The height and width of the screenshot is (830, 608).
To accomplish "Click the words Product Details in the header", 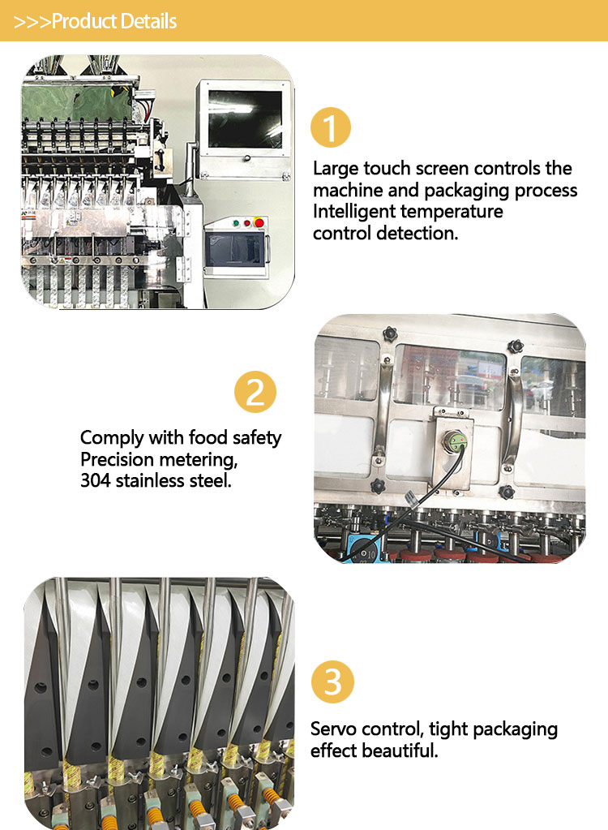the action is [114, 21].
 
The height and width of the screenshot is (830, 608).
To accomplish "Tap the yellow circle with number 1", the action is [331, 127].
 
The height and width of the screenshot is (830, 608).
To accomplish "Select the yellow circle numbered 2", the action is [255, 392].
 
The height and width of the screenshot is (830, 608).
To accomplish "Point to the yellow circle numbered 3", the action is [332, 682].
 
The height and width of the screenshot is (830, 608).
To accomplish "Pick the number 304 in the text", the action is [95, 480].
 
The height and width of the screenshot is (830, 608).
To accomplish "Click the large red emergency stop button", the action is [259, 222].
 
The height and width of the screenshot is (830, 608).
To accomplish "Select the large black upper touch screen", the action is [245, 119].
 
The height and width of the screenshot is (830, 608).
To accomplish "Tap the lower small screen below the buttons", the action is [233, 251].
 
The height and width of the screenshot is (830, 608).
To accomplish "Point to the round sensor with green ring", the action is [455, 441].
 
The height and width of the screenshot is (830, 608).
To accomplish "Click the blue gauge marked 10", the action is [364, 551].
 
